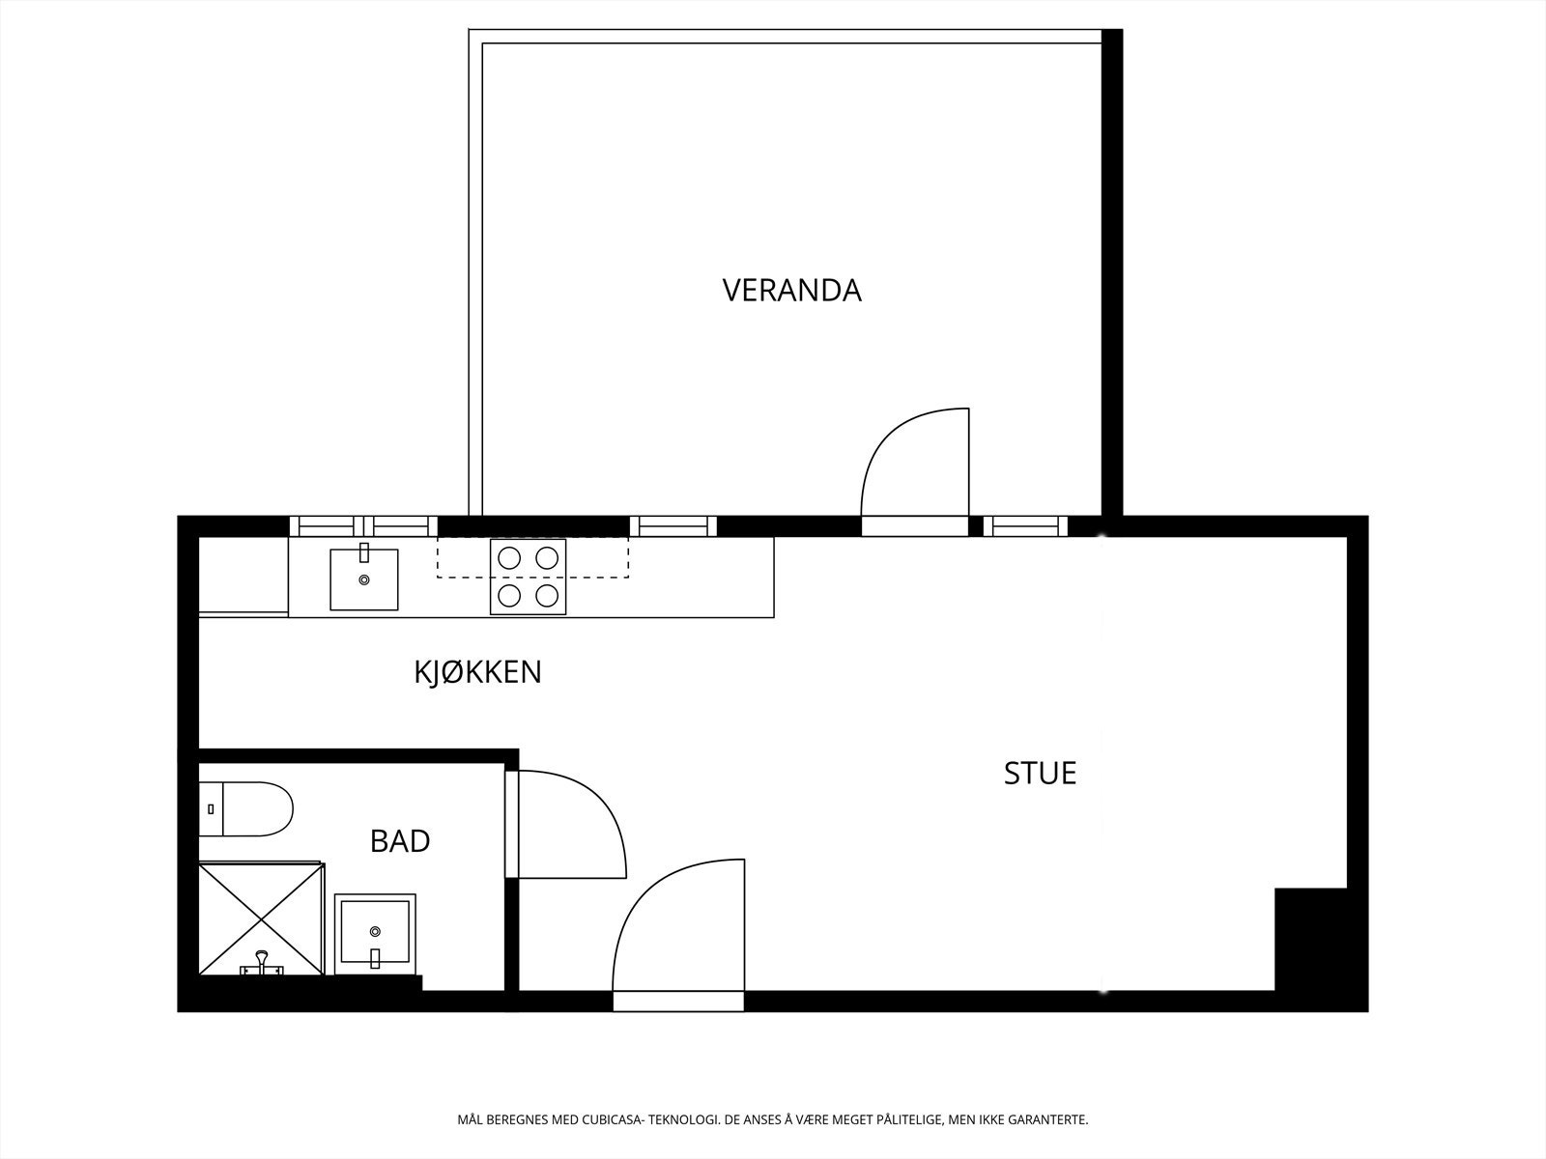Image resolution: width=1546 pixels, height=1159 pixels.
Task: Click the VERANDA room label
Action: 791,291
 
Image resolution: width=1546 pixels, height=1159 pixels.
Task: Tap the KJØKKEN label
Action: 477,672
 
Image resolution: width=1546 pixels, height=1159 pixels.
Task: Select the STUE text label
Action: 1040,774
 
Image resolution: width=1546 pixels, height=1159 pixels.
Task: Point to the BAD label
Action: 400,841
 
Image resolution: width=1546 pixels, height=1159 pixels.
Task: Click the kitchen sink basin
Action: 364,579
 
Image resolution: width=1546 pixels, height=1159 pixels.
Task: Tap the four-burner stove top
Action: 528,577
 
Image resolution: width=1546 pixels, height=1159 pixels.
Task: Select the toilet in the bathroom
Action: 247,809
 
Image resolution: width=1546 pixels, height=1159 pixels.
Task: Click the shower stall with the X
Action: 261,919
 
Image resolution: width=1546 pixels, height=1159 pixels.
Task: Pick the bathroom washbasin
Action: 375,934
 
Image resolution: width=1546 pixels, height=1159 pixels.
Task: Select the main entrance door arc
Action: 676,927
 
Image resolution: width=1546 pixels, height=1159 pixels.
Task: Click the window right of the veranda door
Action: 1025,526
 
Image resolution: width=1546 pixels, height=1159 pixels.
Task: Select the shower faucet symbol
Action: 261,963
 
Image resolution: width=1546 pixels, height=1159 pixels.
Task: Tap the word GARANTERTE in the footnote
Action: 1047,1120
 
